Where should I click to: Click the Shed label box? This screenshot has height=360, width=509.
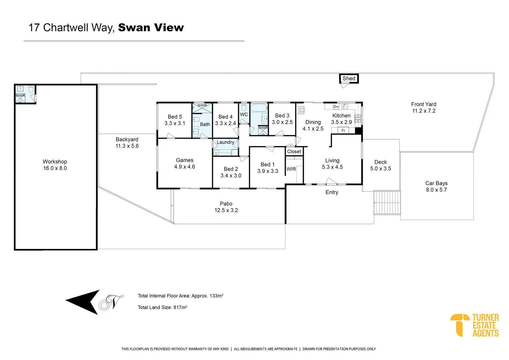coord(349,78)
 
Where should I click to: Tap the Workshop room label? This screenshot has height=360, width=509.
coord(55,162)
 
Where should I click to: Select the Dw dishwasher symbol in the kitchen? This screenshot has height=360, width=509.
coord(336,107)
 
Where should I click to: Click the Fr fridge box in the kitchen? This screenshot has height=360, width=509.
coord(343,131)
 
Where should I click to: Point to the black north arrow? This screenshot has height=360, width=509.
coord(83,302)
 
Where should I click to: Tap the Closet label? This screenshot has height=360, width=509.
coord(294,151)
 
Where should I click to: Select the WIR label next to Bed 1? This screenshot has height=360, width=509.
coord(291,169)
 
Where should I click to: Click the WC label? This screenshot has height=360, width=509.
coord(244,114)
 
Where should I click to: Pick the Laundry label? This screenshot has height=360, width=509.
coord(226,142)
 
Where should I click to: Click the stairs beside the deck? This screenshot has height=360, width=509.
coord(387,202)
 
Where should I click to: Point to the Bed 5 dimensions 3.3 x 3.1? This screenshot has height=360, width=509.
coord(175,123)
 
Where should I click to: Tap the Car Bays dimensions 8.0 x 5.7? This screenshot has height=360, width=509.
coord(436,190)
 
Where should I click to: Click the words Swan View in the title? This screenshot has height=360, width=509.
coord(151,28)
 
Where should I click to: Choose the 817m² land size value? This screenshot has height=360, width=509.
coord(180,307)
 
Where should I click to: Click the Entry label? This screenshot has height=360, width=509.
coord(332,192)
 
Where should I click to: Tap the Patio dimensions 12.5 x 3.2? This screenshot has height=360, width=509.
coord(226,210)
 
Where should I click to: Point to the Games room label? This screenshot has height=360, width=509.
coord(185,160)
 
